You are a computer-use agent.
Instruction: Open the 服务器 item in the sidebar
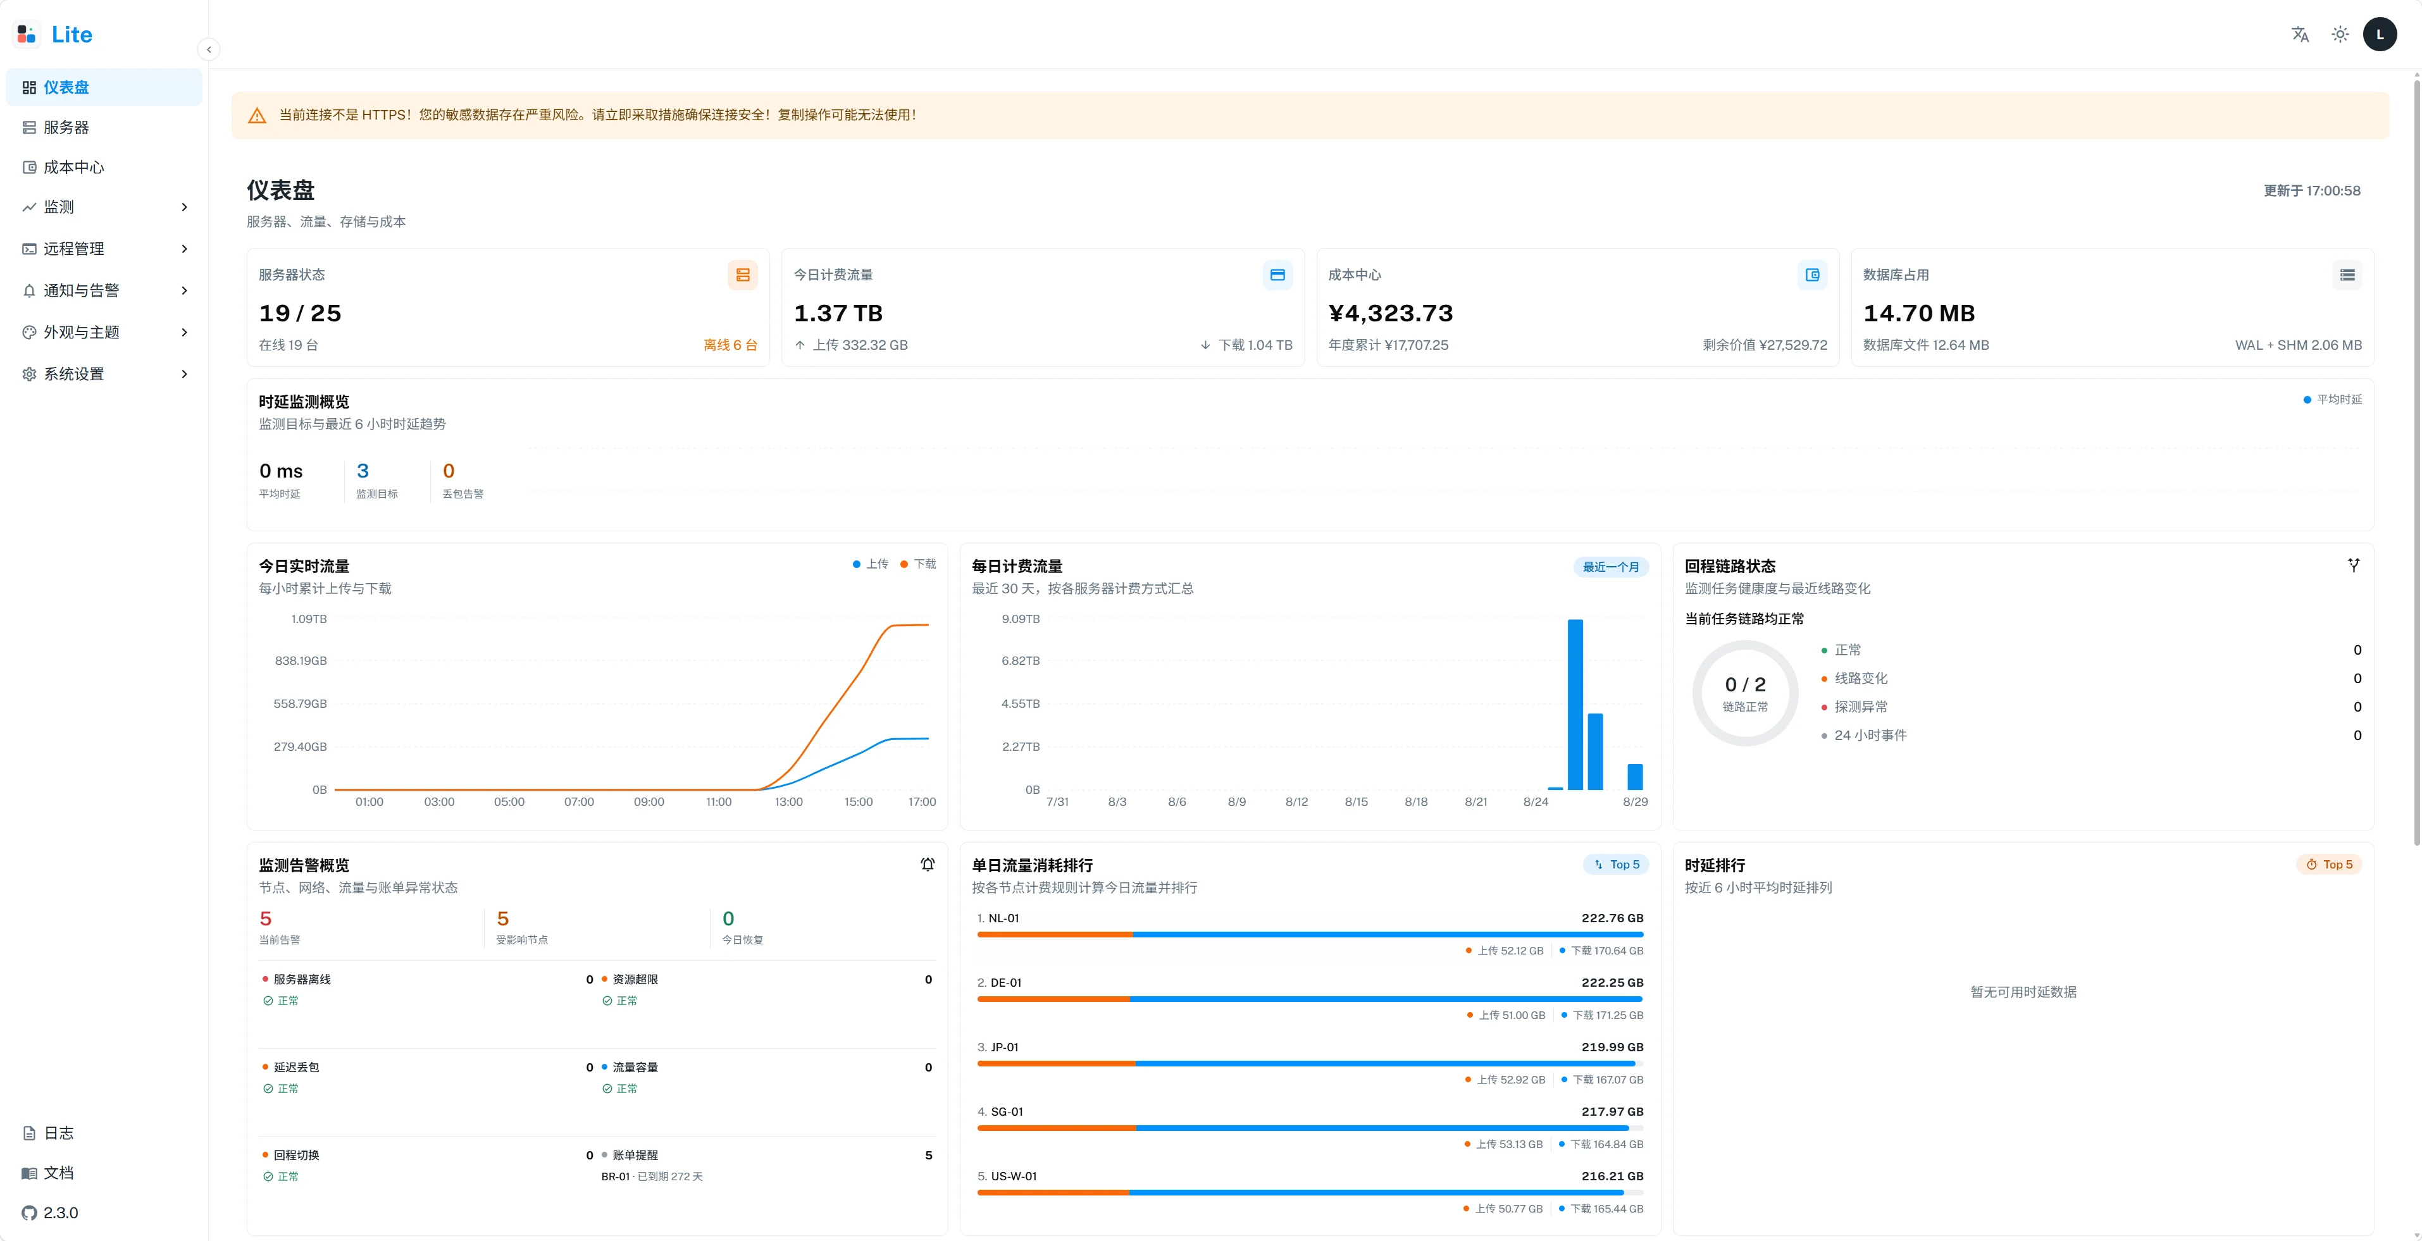pos(66,127)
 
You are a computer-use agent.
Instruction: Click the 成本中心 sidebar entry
pos(73,168)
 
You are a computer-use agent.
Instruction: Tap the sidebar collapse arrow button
pos(209,49)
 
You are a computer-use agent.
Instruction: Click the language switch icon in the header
pos(2300,35)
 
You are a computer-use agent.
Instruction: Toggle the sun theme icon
pos(2340,35)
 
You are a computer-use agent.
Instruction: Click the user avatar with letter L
pos(2380,35)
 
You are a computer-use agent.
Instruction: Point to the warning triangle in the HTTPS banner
pos(257,116)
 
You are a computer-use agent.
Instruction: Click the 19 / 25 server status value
pos(300,313)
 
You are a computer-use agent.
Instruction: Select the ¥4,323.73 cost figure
pos(1391,313)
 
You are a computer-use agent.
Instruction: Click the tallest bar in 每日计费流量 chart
pos(1575,704)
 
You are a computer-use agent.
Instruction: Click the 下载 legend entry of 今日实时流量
pos(919,564)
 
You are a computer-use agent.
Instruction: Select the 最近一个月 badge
pos(1611,567)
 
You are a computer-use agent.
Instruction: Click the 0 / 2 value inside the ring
pos(1745,684)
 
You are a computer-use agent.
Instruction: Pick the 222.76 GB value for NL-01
pos(1613,918)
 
